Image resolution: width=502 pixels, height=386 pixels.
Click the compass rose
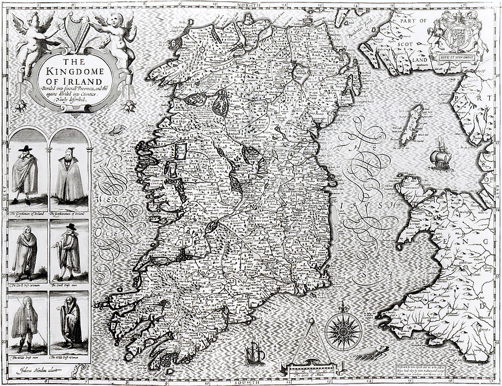click(x=343, y=330)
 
